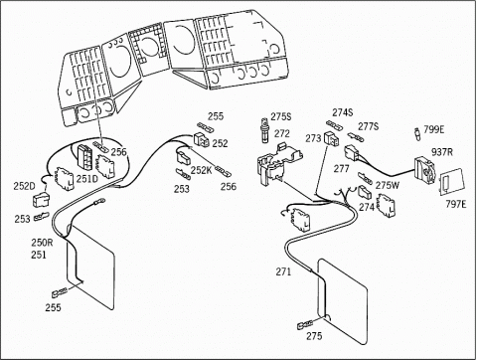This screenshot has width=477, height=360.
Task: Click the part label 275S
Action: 281,116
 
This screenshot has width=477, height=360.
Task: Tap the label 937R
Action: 442,152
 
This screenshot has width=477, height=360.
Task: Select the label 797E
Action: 455,204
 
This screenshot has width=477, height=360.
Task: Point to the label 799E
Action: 434,129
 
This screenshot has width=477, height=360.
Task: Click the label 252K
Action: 201,170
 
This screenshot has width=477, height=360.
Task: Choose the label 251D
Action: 87,179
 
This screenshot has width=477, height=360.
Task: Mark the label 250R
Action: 42,243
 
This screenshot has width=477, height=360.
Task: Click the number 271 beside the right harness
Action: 283,271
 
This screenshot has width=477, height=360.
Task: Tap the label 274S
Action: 343,112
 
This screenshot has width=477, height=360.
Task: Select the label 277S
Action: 368,126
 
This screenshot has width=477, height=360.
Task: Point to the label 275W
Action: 388,185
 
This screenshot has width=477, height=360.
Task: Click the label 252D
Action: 24,186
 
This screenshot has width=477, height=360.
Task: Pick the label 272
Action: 282,133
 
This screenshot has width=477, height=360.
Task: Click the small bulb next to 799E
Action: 417,134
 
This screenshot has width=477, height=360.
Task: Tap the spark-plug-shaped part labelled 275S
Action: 264,130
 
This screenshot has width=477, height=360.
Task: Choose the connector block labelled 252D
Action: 41,199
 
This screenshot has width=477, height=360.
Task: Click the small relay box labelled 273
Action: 331,138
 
